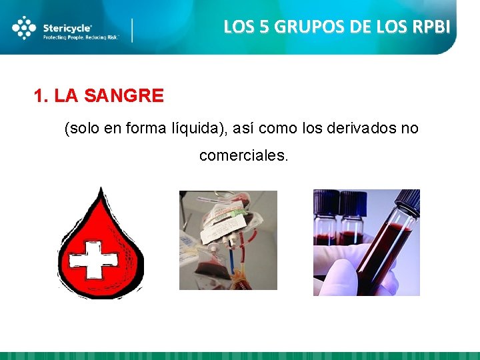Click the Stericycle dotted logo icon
[24, 28]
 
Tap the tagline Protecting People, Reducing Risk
[80, 38]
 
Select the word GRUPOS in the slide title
[301, 27]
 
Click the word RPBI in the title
[431, 27]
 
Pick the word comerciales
[243, 156]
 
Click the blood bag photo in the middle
[228, 240]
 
